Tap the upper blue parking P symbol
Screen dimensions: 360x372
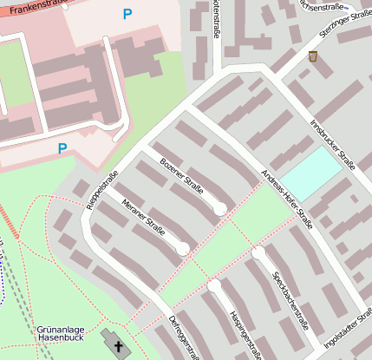127,14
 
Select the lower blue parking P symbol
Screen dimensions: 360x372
62,148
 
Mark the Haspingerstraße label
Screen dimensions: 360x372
245,333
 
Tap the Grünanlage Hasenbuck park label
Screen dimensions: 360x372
60,336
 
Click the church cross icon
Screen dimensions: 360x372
117,346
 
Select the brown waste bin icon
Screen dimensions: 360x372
312,56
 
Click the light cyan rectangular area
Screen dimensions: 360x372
310,171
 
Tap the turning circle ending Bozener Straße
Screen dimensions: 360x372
220,208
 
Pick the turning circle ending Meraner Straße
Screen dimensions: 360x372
183,249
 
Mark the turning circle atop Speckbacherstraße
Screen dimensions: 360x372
258,252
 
